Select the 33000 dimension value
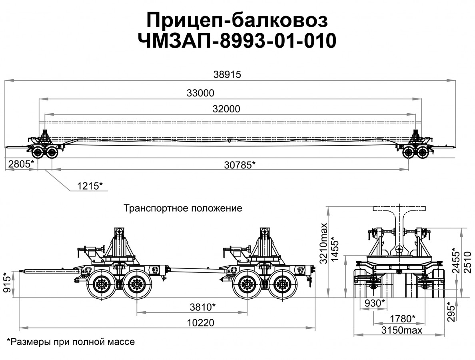tap(200, 93)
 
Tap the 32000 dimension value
tap(226, 109)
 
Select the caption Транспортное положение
tap(183, 208)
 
